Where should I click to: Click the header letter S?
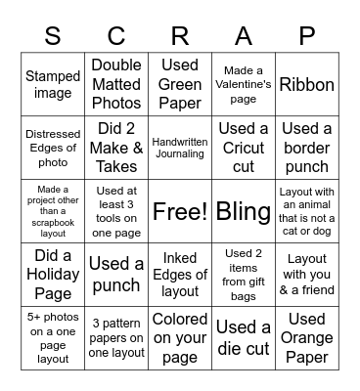[x=53, y=36]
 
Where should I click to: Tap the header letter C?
[x=116, y=36]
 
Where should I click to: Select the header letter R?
[x=180, y=36]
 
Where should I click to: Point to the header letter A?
[x=244, y=36]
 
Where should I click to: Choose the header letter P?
[x=307, y=36]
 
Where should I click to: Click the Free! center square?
[x=180, y=210]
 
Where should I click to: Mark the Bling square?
[x=244, y=210]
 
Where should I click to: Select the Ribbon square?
[x=307, y=85]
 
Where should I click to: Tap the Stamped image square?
[x=53, y=85]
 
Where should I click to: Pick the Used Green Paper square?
[x=180, y=85]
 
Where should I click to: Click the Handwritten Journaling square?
[x=180, y=148]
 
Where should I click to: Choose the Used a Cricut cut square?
[x=244, y=148]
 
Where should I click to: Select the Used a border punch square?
[x=307, y=148]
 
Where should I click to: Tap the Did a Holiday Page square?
[x=53, y=273]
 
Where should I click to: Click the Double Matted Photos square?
[x=116, y=85]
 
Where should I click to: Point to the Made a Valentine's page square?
[x=244, y=85]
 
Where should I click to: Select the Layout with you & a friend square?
[x=307, y=273]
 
